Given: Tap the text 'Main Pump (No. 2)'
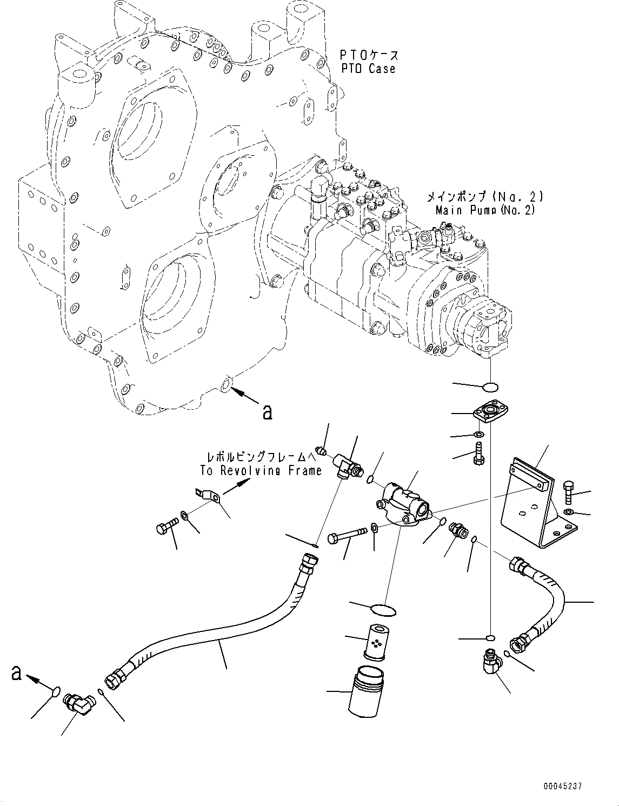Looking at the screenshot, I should click(x=485, y=210).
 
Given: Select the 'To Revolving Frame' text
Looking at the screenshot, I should click(x=261, y=470).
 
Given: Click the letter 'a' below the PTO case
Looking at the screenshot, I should click(x=266, y=412).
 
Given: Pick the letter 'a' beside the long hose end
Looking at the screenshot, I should click(x=17, y=674).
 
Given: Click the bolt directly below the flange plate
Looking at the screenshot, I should click(x=478, y=452).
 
